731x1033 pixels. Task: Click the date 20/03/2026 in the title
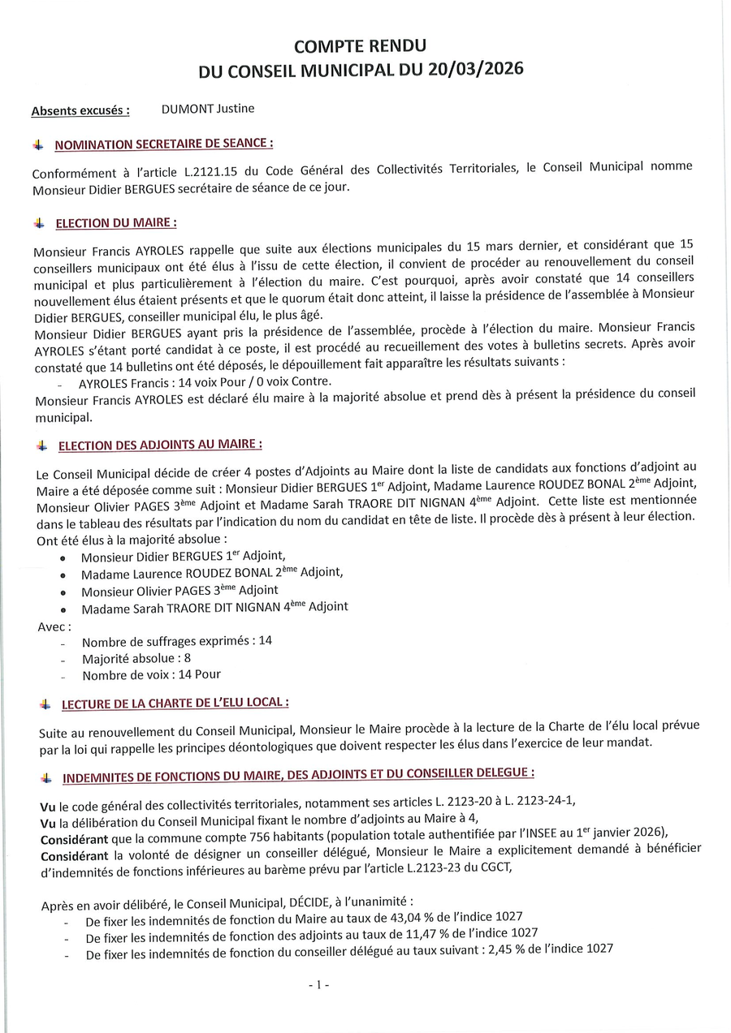473,71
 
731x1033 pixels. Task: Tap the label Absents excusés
80,111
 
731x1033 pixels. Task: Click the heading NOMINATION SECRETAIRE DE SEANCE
163,144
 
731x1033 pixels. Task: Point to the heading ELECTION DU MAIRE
116,222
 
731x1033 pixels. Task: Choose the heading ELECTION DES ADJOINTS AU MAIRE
160,445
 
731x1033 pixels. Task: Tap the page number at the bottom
318,985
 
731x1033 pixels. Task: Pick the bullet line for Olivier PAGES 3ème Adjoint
180,591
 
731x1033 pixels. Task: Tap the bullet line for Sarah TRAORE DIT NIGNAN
214,608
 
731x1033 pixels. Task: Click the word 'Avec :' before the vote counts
54,626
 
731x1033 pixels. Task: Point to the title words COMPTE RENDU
360,48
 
